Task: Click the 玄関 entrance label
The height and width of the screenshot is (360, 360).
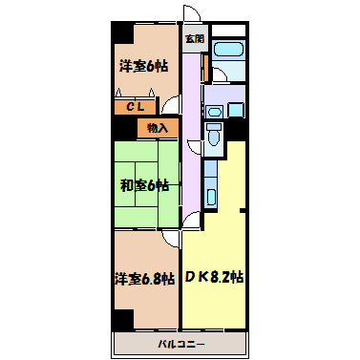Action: point(195,39)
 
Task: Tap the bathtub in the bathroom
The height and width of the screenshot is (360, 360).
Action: point(228,50)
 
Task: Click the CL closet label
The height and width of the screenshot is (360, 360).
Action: point(136,107)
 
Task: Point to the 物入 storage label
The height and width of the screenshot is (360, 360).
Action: point(158,128)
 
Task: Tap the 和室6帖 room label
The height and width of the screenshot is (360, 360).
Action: point(144,185)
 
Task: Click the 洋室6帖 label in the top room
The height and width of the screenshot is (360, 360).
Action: point(143,66)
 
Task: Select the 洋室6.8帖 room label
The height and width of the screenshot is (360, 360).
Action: point(144,279)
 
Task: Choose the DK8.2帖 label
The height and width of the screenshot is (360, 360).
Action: point(214,277)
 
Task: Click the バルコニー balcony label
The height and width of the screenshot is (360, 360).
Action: point(181,344)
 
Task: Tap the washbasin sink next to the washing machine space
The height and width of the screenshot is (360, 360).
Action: point(214,113)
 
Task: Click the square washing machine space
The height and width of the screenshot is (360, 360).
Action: point(236,110)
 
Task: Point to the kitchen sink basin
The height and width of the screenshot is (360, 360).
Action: point(211,198)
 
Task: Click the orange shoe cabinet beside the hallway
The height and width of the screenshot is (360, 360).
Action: point(206,68)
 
